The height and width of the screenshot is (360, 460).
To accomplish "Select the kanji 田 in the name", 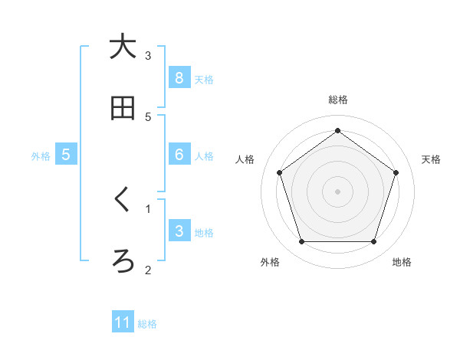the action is click(x=123, y=109).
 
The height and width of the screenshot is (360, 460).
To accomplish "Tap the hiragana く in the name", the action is click(x=123, y=200).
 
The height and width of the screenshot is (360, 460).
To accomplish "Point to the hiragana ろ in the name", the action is click(x=123, y=261).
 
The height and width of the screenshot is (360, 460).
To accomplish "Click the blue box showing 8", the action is click(x=179, y=77).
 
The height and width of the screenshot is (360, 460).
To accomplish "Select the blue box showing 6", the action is click(x=179, y=155).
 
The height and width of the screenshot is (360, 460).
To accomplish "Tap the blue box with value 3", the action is click(x=179, y=231).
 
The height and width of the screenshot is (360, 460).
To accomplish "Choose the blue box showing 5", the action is click(x=66, y=155).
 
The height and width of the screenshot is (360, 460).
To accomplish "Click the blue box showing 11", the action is click(x=123, y=322).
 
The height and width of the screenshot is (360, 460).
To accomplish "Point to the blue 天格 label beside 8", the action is click(x=204, y=79).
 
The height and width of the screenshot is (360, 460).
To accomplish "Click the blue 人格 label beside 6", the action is click(x=204, y=156).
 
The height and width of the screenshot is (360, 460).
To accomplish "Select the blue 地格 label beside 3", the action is click(x=204, y=233).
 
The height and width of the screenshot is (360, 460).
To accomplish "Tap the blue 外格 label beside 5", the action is click(x=41, y=156).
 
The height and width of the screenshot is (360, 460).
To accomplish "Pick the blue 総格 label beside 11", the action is click(x=147, y=324).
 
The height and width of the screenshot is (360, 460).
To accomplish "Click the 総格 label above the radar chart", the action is click(x=338, y=100).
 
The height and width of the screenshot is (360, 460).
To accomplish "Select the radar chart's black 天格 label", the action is click(x=432, y=159).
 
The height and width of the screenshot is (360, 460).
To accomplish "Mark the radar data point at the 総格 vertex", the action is click(x=338, y=130).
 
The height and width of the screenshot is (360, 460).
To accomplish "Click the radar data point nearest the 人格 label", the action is click(x=279, y=172).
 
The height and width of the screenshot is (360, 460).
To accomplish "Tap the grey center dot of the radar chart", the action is click(x=338, y=191).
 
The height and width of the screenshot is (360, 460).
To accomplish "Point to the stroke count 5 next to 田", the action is click(x=149, y=116).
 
